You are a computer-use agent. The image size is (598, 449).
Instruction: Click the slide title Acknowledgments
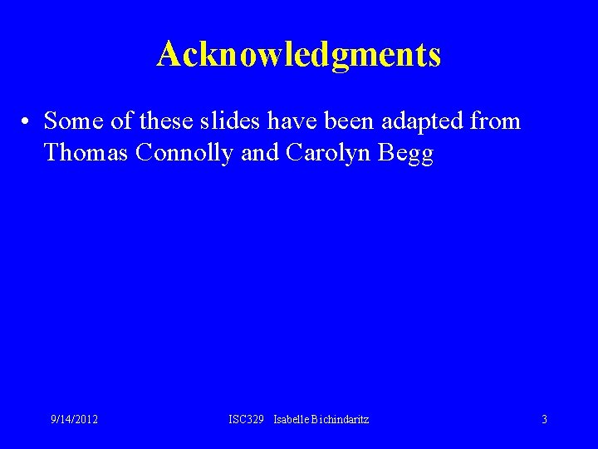tap(299, 55)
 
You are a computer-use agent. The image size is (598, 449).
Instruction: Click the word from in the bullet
tap(495, 121)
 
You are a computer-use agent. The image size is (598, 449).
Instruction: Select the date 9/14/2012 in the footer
tap(73, 420)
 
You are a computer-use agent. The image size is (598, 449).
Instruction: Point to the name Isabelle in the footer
tap(292, 420)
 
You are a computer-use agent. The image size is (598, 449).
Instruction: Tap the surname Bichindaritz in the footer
tap(341, 420)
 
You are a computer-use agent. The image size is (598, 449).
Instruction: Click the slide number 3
tap(544, 420)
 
